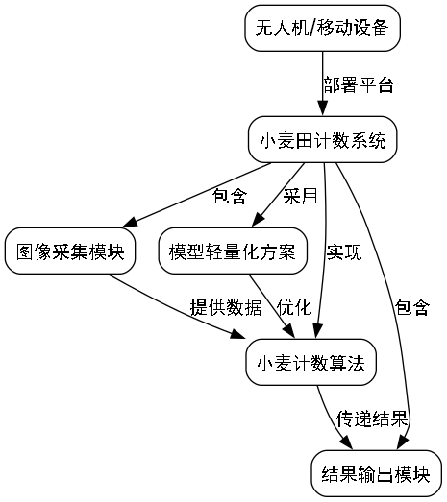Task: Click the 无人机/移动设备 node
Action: (x=321, y=29)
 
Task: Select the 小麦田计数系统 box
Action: (x=322, y=142)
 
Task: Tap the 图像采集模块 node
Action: (x=70, y=252)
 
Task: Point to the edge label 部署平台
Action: (x=358, y=85)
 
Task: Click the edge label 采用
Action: (x=299, y=197)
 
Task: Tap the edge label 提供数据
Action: (x=226, y=307)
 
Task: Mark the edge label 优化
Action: (x=293, y=307)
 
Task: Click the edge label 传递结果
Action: (x=373, y=419)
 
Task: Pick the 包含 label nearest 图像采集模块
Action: (x=229, y=197)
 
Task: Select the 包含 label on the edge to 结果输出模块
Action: (x=411, y=307)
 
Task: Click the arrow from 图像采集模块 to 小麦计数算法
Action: (x=173, y=305)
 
